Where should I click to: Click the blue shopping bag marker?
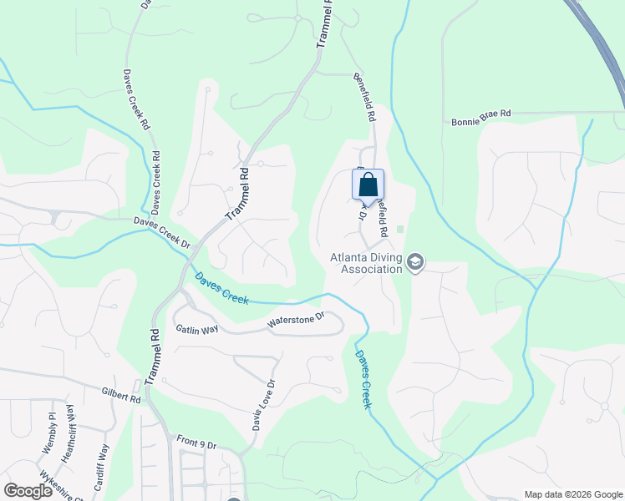coord(368,185)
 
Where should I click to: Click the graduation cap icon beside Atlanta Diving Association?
coord(415,264)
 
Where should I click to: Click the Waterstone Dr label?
coord(294,321)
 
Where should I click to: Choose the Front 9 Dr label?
coord(196,441)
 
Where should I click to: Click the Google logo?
coord(28,491)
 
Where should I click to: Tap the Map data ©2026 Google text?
coord(572,494)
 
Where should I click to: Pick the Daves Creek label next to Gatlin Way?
coord(221,288)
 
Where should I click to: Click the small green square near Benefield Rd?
coord(400,230)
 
